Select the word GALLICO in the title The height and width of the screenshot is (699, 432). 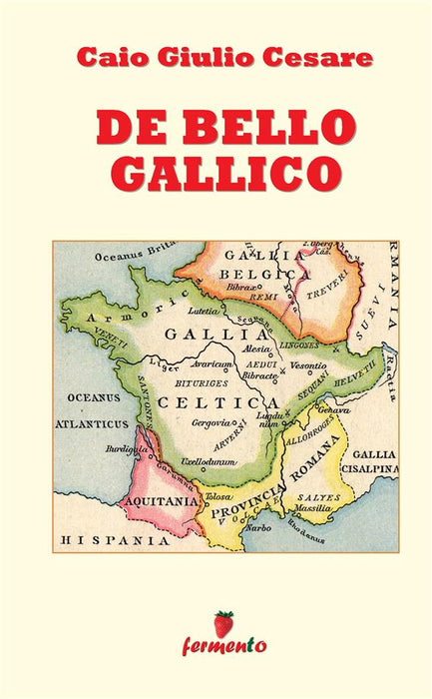pos(216,171)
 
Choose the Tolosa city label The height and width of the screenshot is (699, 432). pos(217,496)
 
